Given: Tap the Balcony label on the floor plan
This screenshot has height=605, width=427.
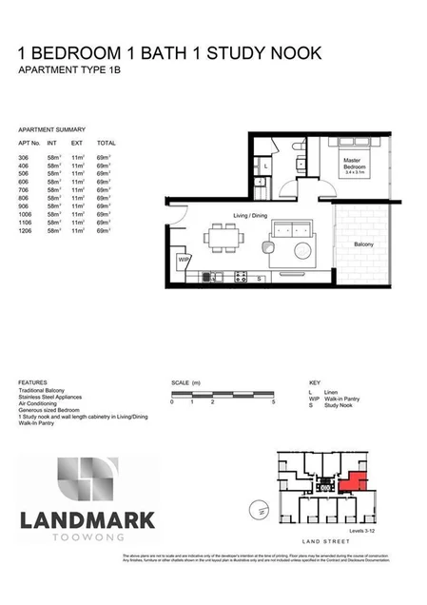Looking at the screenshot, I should [x=363, y=244].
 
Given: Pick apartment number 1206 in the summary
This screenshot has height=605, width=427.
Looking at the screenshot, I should [x=25, y=231].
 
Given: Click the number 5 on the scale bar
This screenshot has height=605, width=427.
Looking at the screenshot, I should [x=274, y=402].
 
